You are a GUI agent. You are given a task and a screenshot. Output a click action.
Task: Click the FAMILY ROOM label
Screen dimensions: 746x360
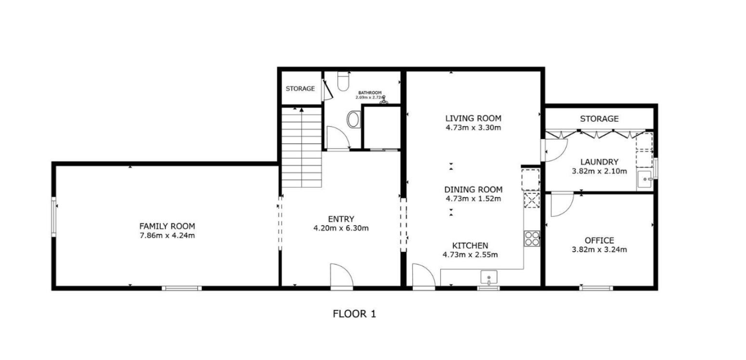[x=167, y=226]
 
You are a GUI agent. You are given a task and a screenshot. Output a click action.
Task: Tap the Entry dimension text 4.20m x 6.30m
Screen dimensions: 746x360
[x=341, y=229]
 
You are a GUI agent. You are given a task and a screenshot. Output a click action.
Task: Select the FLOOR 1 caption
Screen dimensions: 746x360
[x=354, y=314]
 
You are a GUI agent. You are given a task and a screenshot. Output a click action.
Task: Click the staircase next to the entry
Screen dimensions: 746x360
[x=302, y=147]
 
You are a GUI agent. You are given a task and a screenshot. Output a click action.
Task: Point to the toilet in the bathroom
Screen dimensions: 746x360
[x=343, y=81]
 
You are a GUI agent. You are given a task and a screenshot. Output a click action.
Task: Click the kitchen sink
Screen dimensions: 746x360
[x=489, y=278]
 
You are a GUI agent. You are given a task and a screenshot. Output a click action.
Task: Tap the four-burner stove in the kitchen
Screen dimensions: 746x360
[x=532, y=238]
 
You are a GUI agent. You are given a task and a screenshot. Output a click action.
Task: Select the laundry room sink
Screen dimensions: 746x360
[x=645, y=180]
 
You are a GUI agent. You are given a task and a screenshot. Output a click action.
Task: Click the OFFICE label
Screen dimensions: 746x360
[x=600, y=241]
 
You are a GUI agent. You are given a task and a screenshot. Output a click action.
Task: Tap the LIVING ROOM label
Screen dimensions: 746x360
[x=473, y=118]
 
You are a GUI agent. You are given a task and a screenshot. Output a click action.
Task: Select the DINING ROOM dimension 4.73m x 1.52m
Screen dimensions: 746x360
[x=473, y=199]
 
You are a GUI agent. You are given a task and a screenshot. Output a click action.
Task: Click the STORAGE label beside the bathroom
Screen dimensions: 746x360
[x=300, y=89]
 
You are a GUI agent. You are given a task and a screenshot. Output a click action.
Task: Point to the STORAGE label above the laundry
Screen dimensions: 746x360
[x=600, y=119]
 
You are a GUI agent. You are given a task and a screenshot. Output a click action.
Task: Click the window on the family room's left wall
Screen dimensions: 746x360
[x=53, y=217]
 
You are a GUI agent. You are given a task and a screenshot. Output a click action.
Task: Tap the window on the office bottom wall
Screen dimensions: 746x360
[x=596, y=288]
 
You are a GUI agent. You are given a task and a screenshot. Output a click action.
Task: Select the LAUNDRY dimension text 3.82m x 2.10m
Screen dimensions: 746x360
[x=600, y=171]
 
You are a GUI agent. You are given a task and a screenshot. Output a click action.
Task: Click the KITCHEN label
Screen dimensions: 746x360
[x=470, y=246]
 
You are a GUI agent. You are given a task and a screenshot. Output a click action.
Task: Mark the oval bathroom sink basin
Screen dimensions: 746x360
[x=354, y=119]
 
